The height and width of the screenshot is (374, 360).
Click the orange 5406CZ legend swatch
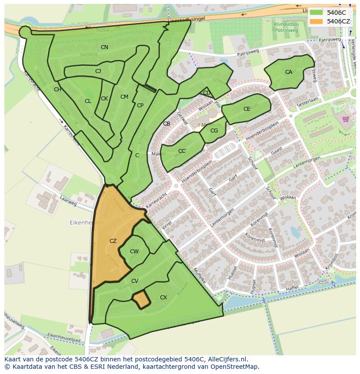317,21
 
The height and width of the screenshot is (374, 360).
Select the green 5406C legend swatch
317,13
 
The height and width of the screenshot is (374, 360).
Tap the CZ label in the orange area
113,241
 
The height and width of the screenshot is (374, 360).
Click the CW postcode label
134,252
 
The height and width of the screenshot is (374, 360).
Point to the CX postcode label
163,298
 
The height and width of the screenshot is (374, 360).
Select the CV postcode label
135,281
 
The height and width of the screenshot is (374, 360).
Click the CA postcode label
289,72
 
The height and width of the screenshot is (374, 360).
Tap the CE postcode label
247,109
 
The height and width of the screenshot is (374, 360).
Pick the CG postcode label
214,131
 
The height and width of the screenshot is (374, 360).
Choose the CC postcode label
182,151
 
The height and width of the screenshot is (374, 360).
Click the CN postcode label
104,47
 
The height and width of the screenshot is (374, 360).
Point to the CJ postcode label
98,71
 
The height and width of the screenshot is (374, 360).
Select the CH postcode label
57,89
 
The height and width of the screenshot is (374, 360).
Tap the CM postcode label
124,97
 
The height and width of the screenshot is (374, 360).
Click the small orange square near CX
140,300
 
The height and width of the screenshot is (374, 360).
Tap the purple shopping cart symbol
346,119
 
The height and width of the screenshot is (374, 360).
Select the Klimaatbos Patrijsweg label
286,28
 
